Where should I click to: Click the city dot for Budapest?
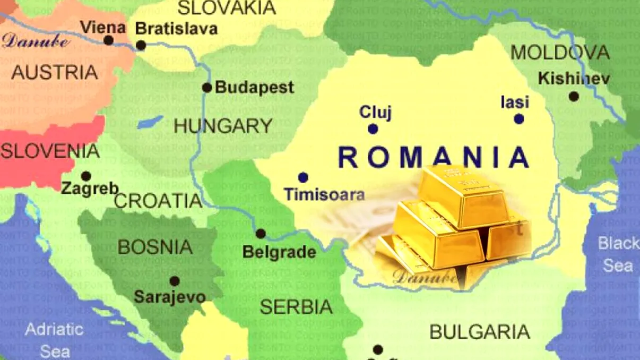pos(207,88)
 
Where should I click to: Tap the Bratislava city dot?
pos(141,45)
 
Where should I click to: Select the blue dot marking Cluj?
pos(373,128)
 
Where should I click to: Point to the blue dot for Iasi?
pos(519,119)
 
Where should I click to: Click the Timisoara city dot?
pos(303,177)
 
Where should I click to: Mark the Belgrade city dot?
pos(261,234)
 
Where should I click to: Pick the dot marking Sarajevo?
pos(174,281)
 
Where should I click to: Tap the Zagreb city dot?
pos(86,176)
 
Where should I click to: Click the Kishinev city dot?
pos(574,97)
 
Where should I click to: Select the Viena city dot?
pos(108,40)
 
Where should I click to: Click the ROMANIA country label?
pos(434,158)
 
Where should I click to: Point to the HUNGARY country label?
pos(223,126)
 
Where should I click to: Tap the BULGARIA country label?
pos(479,332)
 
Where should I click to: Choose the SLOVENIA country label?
pos(50,151)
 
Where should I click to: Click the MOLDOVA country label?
pos(560,52)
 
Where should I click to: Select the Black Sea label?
pos(618,254)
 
